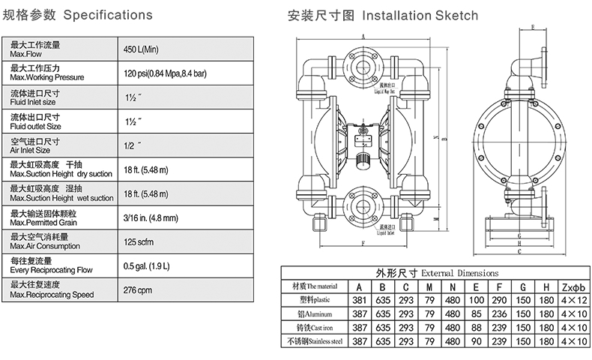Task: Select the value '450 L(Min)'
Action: pyautogui.click(x=142, y=49)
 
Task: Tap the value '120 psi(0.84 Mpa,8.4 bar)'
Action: pyautogui.click(x=166, y=73)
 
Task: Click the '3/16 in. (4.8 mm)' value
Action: pyautogui.click(x=150, y=217)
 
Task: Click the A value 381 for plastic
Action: pyautogui.click(x=358, y=299)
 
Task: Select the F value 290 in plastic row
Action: pyautogui.click(x=499, y=299)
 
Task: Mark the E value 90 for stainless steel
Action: pyautogui.click(x=476, y=340)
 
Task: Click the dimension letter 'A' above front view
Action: pyautogui.click(x=362, y=35)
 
